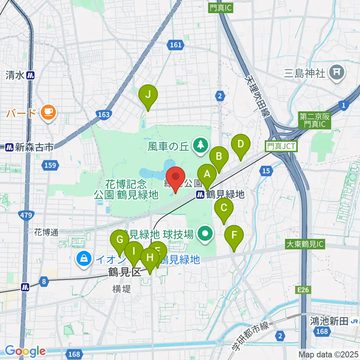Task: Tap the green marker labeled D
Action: [x=241, y=144]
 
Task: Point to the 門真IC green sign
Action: [x=220, y=8]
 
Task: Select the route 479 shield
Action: [x=24, y=214]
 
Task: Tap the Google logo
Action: [x=25, y=351]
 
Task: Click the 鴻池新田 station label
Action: [x=329, y=321]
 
